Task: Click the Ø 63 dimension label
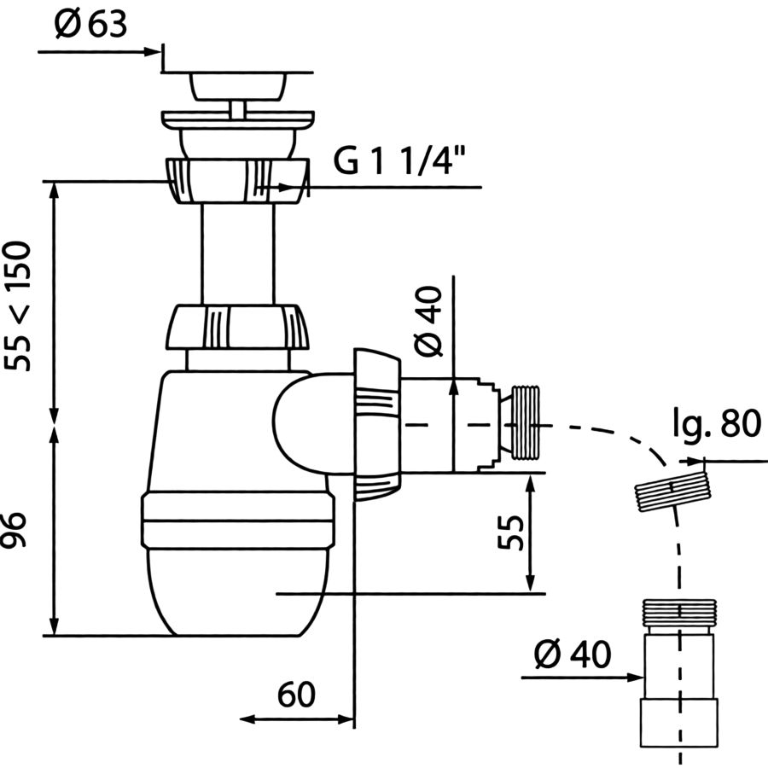tap(90, 25)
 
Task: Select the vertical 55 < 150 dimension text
tap(18, 306)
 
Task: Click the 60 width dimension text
tap(296, 694)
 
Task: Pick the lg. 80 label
tap(717, 424)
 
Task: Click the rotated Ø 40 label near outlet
tap(428, 322)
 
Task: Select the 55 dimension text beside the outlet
tap(510, 532)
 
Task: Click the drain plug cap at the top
tap(237, 87)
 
